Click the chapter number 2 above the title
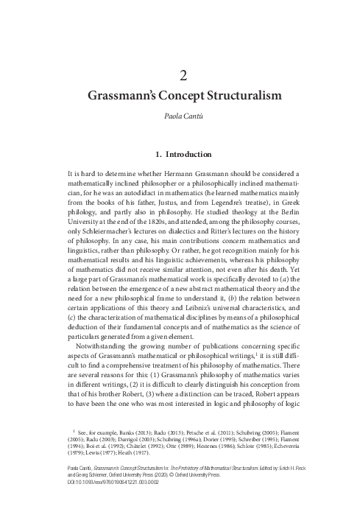click(180, 75)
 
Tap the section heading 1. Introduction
click(180, 155)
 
